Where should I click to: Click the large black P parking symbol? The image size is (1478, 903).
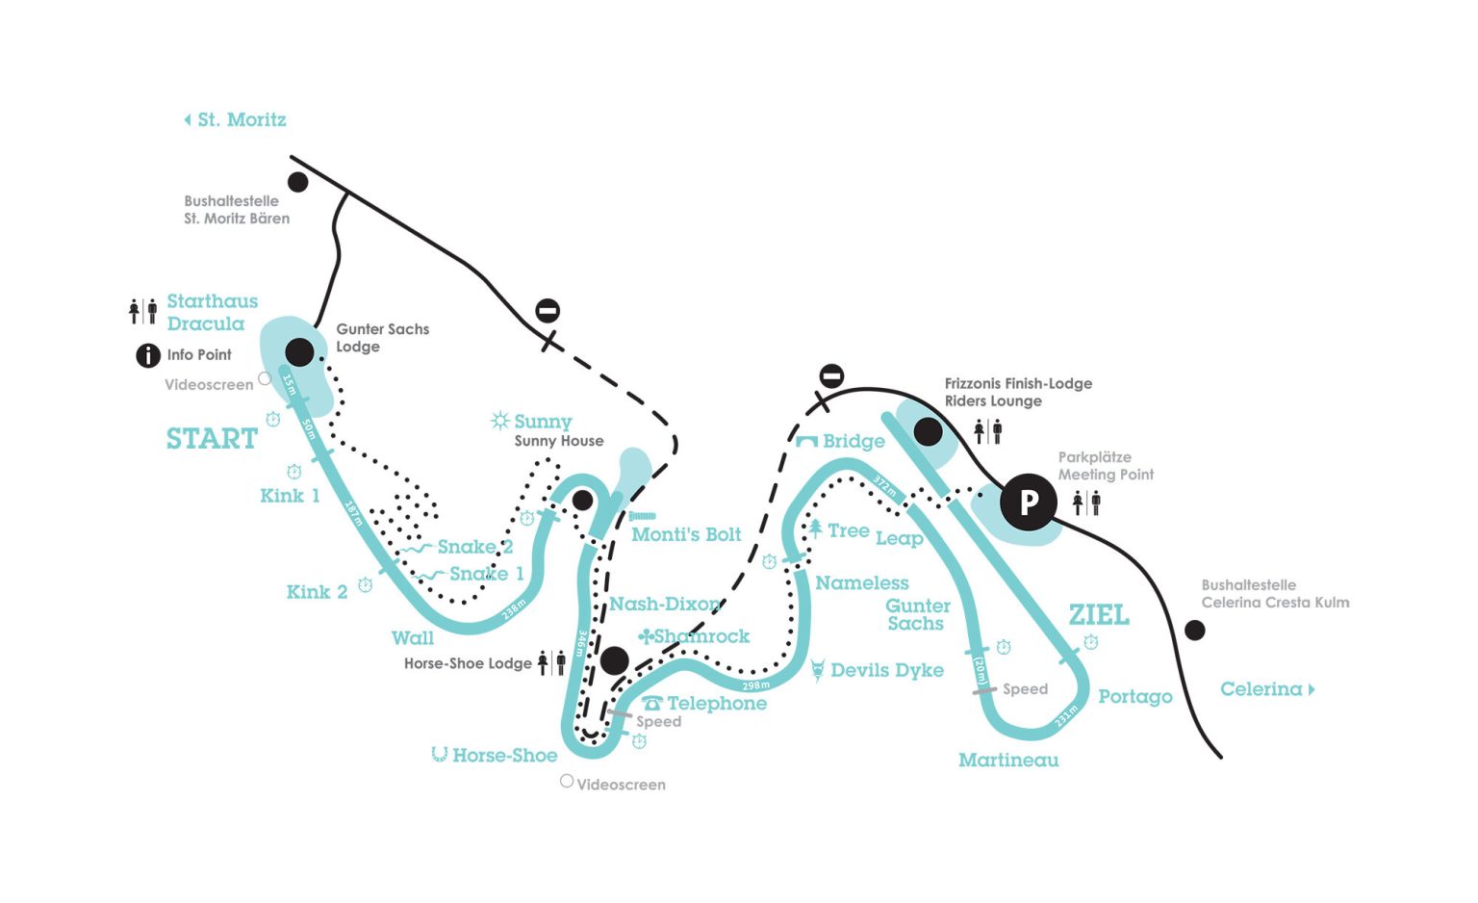click(x=1029, y=502)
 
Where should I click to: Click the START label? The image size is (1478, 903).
click(x=212, y=439)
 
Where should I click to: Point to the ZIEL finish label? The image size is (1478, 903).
click(x=1099, y=615)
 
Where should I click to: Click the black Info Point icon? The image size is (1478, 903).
click(x=147, y=355)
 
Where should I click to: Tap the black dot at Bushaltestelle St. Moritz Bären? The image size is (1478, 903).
click(x=298, y=182)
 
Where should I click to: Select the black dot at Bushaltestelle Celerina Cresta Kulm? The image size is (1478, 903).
click(x=1194, y=631)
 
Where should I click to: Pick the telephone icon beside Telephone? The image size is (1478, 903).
click(x=652, y=704)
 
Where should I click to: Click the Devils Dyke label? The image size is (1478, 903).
click(x=886, y=670)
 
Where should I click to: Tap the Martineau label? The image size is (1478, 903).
click(x=1008, y=761)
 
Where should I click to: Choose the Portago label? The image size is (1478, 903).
click(x=1135, y=697)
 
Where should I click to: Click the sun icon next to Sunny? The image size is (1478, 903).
click(x=499, y=421)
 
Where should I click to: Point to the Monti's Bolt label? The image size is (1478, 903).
click(x=686, y=534)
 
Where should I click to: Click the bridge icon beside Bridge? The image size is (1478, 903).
click(x=806, y=441)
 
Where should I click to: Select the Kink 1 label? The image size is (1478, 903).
click(x=290, y=496)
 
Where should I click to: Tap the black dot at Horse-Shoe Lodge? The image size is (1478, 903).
click(x=614, y=660)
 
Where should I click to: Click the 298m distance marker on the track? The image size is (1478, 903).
click(x=756, y=685)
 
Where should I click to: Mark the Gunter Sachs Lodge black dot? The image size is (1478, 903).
click(x=299, y=352)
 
